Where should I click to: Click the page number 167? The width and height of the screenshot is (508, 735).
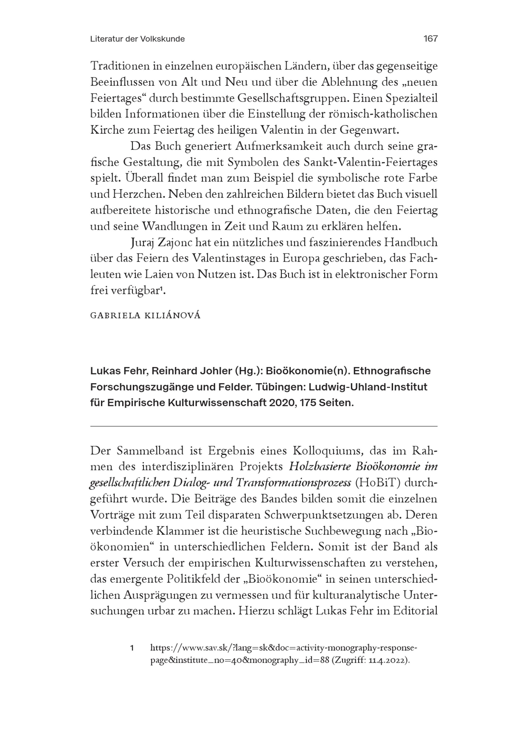point(430,39)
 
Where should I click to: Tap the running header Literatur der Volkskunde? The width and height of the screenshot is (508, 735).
point(137,39)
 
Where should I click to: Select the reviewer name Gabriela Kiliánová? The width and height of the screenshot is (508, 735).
point(146,316)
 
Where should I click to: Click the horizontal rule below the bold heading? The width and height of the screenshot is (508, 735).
point(264,426)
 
